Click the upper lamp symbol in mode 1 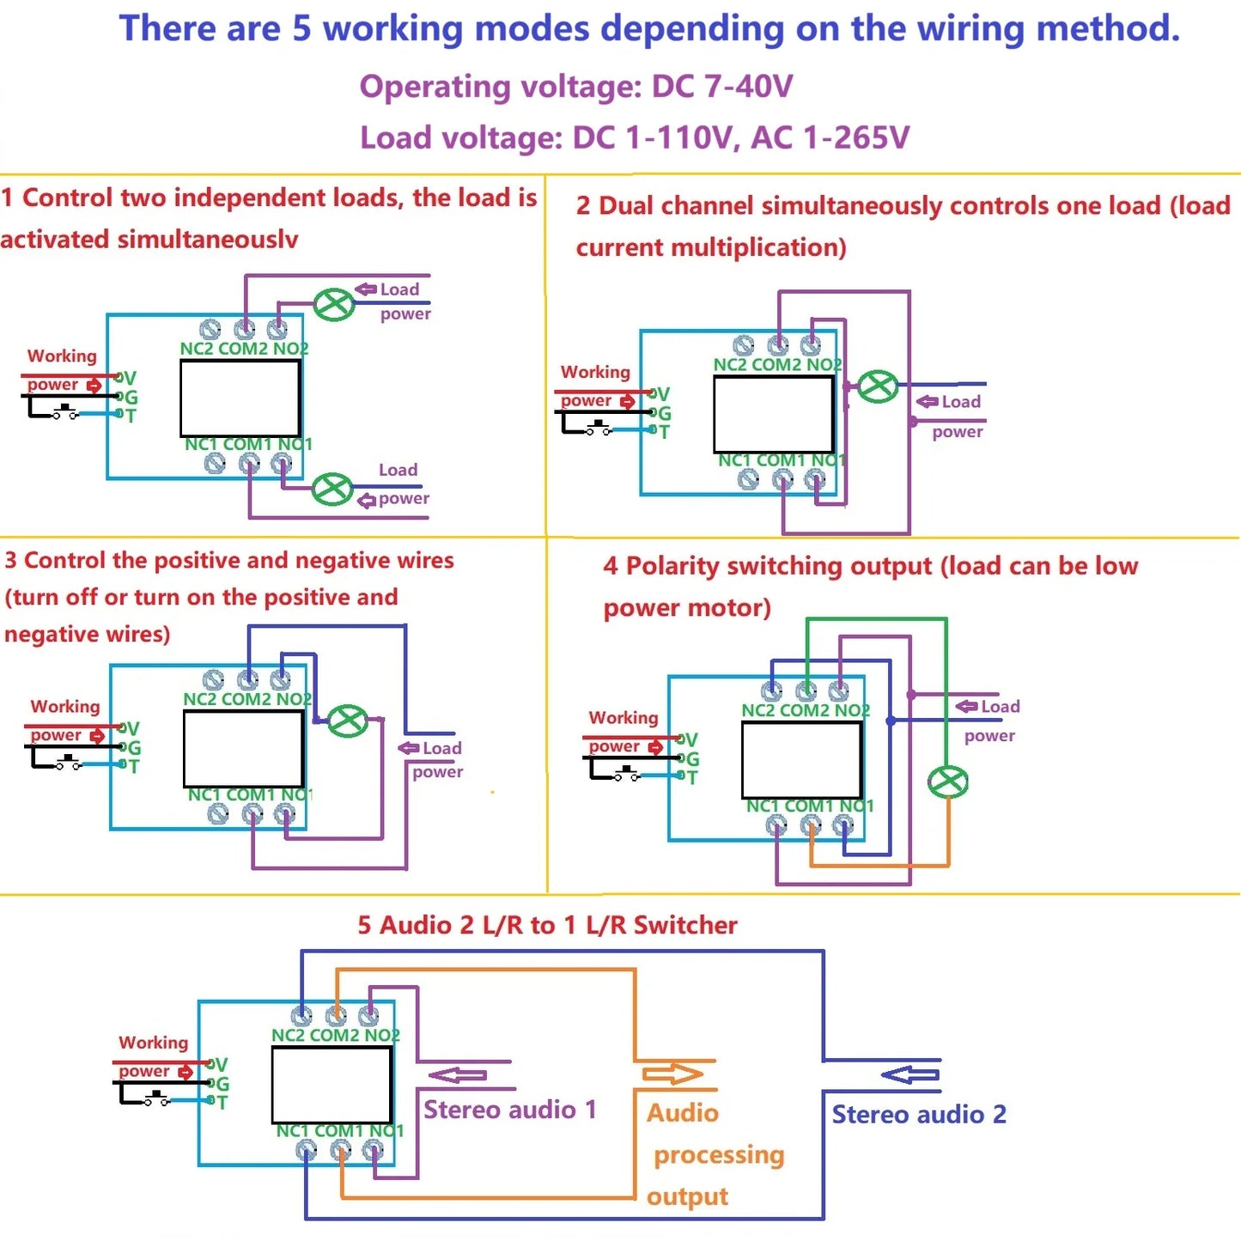point(333,304)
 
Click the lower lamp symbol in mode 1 point(332,490)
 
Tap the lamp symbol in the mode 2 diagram point(878,386)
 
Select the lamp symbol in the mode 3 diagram point(348,721)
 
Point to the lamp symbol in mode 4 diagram point(947,782)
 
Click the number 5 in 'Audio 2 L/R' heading point(364,926)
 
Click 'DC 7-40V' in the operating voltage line point(722,86)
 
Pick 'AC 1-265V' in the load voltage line point(830,137)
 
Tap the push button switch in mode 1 point(65,411)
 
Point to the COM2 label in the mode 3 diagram point(248,699)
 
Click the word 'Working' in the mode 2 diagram point(595,372)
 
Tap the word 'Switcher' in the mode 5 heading point(685,926)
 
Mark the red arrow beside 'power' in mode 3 point(97,735)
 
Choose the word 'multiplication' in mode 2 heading point(754,247)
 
